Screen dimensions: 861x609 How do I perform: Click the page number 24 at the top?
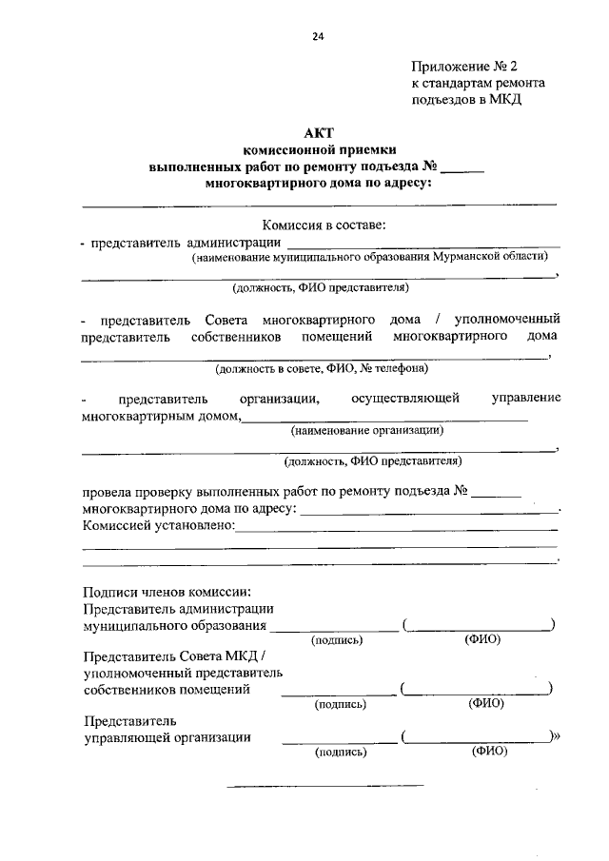318,37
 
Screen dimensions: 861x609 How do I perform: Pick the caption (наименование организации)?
367,430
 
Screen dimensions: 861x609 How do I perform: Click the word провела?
107,493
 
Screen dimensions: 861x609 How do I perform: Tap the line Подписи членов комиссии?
167,591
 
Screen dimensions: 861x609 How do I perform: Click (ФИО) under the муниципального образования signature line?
482,639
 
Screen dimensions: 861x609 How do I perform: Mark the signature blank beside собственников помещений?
338,690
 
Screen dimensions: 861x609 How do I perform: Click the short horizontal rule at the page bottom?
324,786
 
